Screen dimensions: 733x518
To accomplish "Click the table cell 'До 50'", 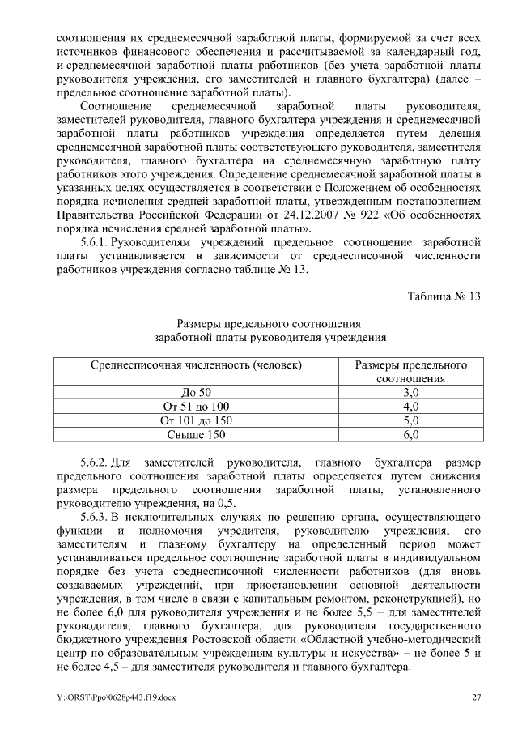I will (196, 393).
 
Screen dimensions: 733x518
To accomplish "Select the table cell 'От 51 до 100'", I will (196, 407).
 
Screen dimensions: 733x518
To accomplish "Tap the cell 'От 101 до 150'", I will (196, 421).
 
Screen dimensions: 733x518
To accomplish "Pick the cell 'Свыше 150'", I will (196, 436).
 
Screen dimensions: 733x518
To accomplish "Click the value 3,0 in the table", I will (410, 393).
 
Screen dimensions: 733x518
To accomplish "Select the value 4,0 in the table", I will (410, 407).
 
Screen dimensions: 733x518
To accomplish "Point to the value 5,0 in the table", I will (410, 421).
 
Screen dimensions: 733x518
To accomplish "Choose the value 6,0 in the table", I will (410, 436).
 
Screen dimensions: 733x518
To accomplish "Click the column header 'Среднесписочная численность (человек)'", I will (196, 365).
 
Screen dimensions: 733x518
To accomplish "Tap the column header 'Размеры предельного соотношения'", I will (410, 372).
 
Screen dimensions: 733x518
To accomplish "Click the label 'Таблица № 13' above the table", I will (444, 296).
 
